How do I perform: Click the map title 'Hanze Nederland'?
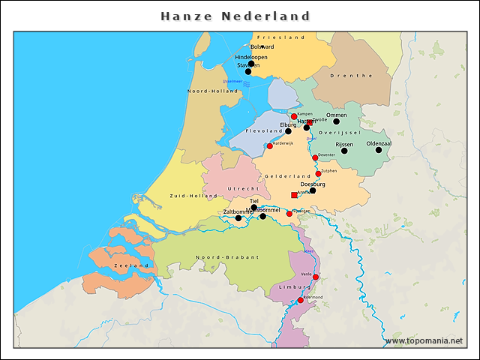tap(235, 16)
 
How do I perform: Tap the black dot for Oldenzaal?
tap(379, 150)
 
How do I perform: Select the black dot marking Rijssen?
tap(344, 151)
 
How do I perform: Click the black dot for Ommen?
tap(337, 121)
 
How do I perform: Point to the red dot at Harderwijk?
tap(270, 146)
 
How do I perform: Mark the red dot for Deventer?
tap(315, 158)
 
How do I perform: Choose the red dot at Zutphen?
tap(319, 174)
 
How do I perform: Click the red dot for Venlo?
tap(316, 277)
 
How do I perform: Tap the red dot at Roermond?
tap(301, 301)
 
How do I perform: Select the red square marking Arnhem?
tap(294, 195)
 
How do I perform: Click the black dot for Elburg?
tap(288, 131)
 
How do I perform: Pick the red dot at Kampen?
tap(294, 117)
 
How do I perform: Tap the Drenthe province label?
tap(355, 76)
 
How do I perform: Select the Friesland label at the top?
tap(281, 37)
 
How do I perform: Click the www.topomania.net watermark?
tap(423, 341)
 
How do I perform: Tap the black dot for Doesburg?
tap(313, 190)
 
